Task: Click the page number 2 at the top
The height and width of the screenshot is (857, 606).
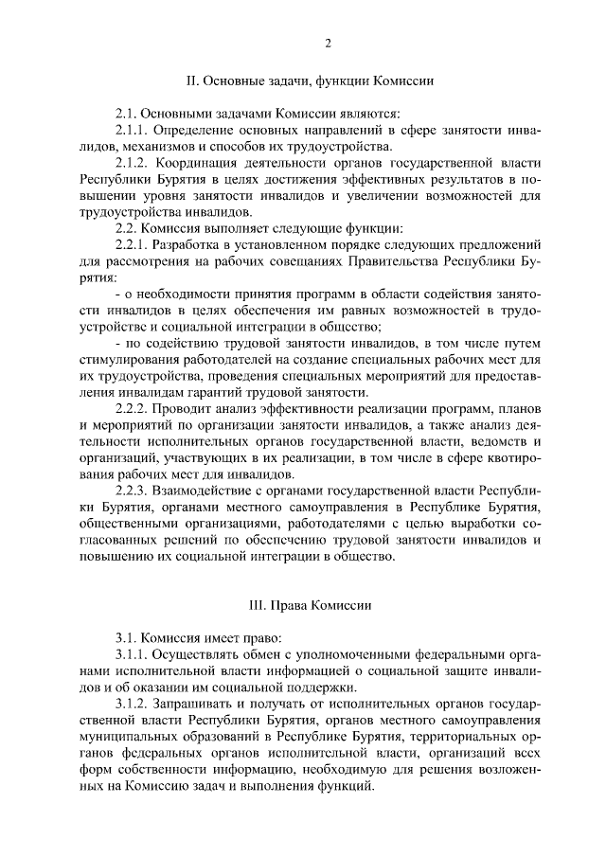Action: pyautogui.click(x=328, y=43)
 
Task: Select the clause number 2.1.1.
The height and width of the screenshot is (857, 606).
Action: pyautogui.click(x=132, y=131)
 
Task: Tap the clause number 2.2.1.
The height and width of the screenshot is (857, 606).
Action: pyautogui.click(x=132, y=246)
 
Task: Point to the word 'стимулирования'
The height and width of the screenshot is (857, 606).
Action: pyautogui.click(x=130, y=361)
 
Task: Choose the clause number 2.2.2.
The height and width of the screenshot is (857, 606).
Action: pyautogui.click(x=132, y=410)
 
